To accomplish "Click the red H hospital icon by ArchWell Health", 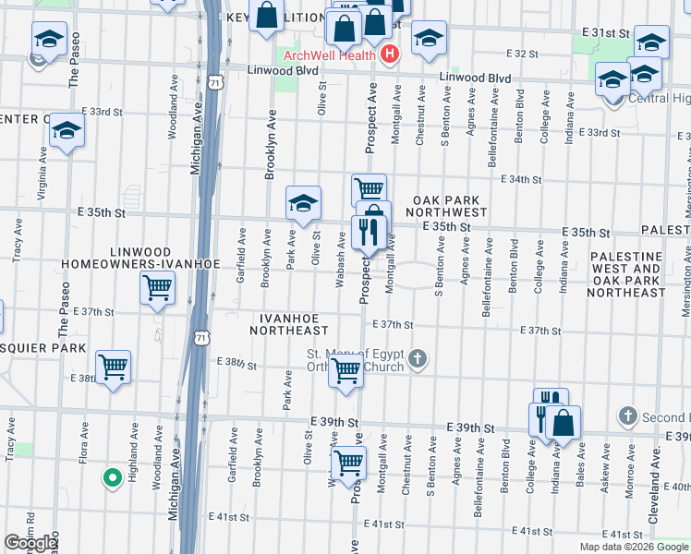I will [389, 54].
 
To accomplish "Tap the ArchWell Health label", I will [330, 54].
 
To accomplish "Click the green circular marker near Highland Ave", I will [112, 477].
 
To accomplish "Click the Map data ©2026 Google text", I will [633, 547].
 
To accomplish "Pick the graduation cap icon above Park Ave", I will [303, 202].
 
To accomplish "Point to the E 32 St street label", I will [523, 54].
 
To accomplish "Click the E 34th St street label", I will [521, 179].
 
